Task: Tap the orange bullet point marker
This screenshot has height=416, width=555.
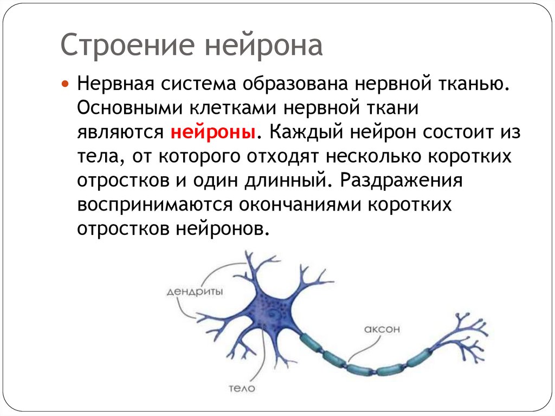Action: coord(65,86)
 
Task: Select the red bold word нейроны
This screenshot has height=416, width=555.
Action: coord(214,133)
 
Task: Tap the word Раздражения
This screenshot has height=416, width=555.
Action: coord(401,180)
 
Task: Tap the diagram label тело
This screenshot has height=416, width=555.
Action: coord(241,388)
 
